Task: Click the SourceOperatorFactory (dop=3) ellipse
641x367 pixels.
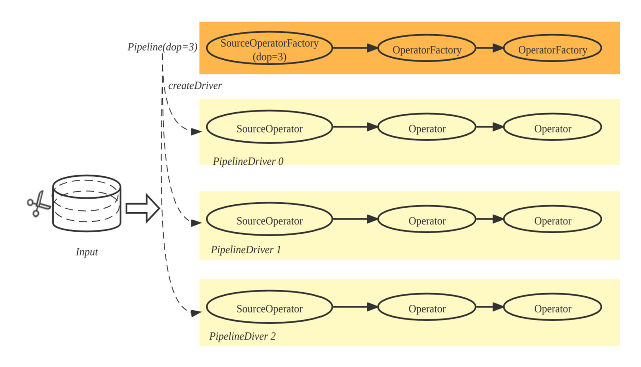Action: click(269, 49)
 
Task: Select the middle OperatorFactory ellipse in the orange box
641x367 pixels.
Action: click(427, 49)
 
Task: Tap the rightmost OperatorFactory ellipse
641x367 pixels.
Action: click(552, 49)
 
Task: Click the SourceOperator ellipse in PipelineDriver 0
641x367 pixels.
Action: click(269, 128)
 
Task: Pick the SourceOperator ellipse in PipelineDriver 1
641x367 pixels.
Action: click(269, 221)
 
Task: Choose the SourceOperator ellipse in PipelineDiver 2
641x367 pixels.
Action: click(269, 309)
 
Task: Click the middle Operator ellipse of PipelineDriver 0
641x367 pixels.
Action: click(427, 128)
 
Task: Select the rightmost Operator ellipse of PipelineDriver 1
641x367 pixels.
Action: click(552, 221)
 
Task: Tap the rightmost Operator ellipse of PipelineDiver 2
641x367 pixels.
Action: click(552, 309)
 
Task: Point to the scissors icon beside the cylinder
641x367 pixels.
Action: click(36, 205)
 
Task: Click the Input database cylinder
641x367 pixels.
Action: click(87, 203)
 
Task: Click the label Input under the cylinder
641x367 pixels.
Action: click(87, 252)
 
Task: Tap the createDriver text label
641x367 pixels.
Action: click(195, 86)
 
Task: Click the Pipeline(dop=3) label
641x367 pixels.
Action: click(162, 47)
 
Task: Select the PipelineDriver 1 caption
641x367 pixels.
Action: click(246, 249)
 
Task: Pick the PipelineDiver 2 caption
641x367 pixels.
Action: click(242, 336)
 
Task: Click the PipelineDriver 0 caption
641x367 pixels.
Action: click(248, 161)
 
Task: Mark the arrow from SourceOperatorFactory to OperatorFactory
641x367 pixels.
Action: click(355, 48)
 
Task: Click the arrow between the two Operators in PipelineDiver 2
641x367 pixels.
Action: click(489, 309)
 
